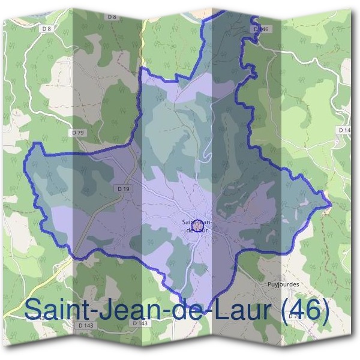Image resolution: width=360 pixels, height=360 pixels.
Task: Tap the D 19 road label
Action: click(x=124, y=189)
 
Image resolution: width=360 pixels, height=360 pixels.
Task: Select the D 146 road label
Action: click(x=262, y=29)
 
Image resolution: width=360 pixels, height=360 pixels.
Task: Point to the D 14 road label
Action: click(x=344, y=130)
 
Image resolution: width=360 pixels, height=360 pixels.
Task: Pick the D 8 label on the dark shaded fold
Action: click(x=112, y=17)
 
